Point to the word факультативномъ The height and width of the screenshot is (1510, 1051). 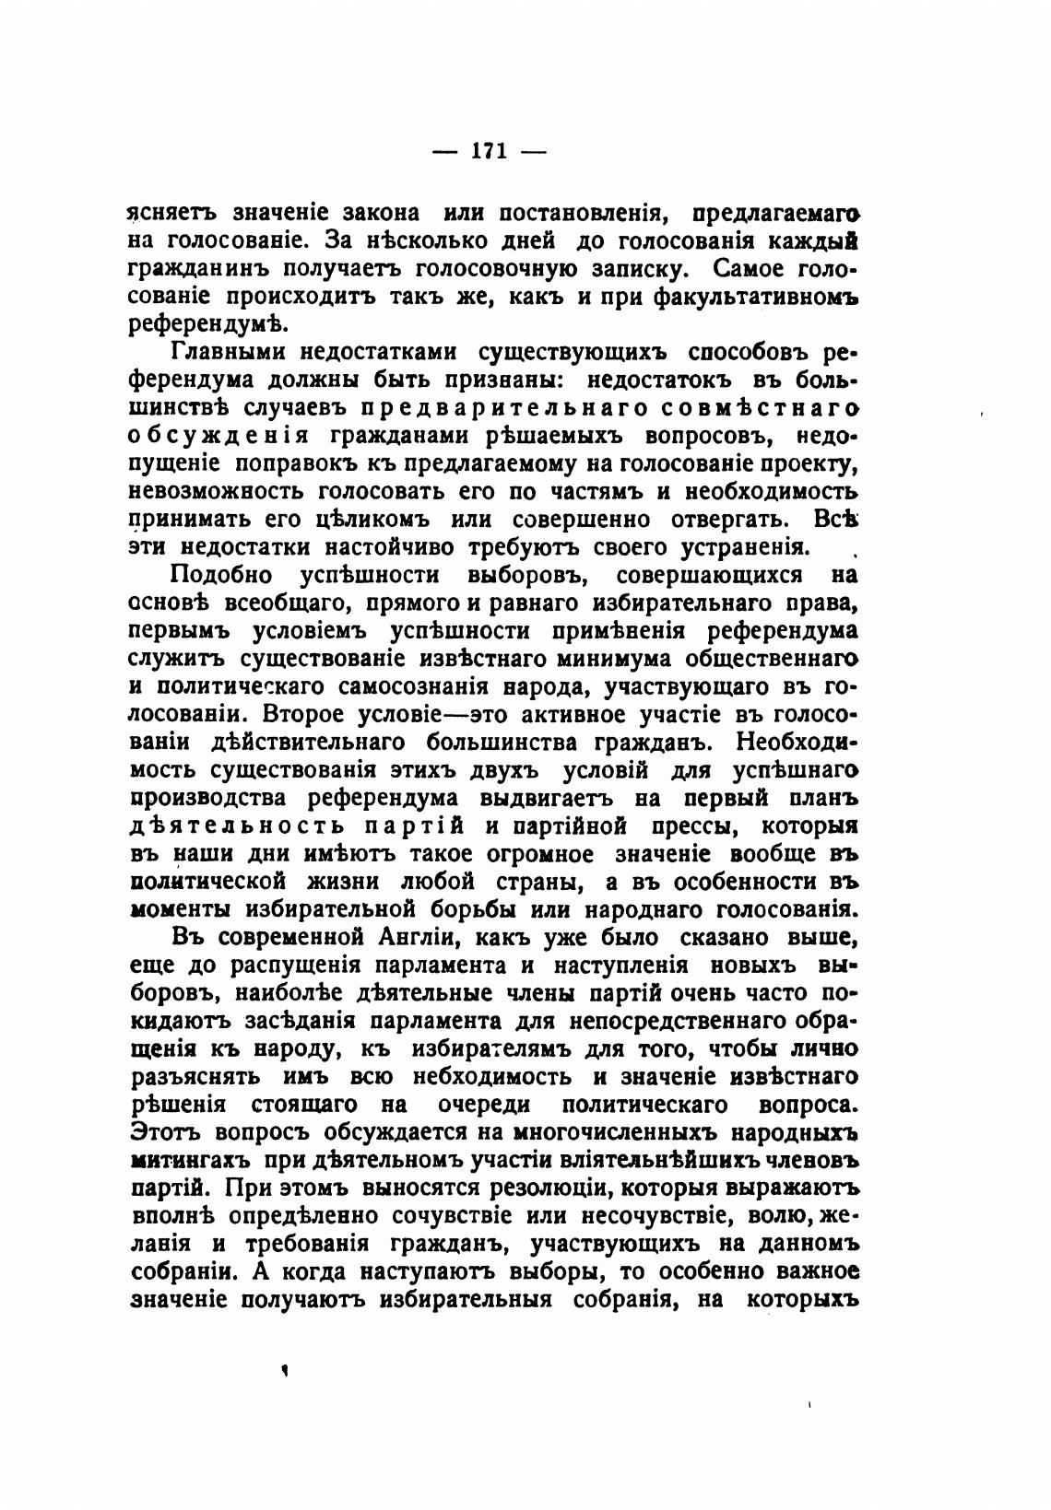[x=755, y=297]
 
